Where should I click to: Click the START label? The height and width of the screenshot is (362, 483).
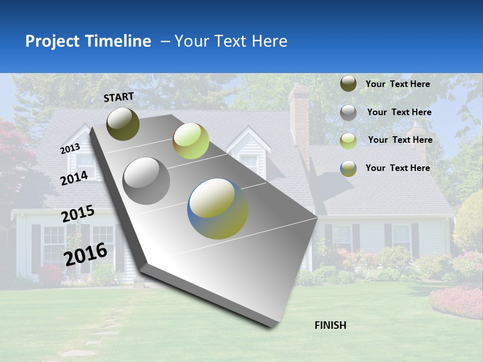pos(119,97)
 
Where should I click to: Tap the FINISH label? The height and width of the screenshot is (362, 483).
pos(331,325)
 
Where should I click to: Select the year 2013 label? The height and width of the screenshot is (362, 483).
pos(70,149)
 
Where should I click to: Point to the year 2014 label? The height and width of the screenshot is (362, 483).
pos(74,178)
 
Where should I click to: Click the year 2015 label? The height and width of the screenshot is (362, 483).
pos(78,214)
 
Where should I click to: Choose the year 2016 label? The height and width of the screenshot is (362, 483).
pos(86,254)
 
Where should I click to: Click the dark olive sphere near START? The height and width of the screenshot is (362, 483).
pos(123,124)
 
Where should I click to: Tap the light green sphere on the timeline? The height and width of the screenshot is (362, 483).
pos(191,141)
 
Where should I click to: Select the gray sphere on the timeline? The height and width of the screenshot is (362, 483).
pos(146,181)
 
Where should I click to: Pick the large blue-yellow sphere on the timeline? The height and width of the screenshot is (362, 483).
pos(218,209)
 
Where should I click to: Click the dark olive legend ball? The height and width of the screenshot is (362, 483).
pos(348,83)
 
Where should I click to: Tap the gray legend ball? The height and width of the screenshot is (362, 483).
pos(348,113)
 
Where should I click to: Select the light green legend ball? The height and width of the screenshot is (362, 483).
pos(348,140)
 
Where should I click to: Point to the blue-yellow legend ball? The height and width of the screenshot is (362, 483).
pos(348,168)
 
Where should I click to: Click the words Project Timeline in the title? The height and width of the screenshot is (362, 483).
pos(88,41)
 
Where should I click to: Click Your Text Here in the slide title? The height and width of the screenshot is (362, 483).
pos(230,41)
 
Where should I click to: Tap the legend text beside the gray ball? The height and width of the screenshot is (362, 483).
pos(399,112)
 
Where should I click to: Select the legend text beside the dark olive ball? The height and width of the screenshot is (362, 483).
pos(397,84)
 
